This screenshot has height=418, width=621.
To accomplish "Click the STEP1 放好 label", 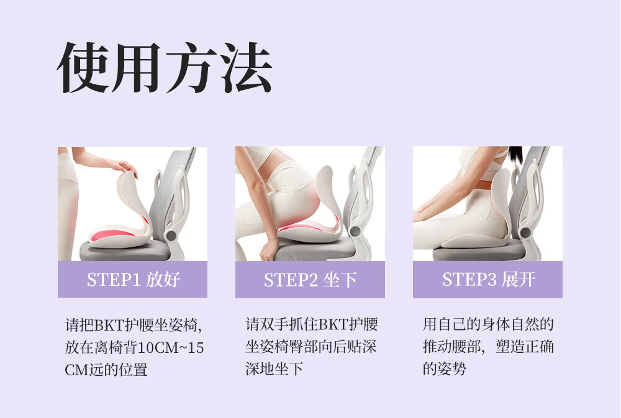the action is pyautogui.click(x=133, y=280).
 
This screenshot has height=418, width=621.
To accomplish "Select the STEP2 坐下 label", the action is pyautogui.click(x=310, y=280).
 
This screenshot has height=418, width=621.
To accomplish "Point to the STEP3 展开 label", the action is pyautogui.click(x=488, y=280).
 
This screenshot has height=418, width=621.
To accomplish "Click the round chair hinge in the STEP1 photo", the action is pyautogui.click(x=171, y=236).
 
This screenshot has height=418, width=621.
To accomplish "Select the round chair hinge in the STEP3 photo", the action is pyautogui.click(x=525, y=233).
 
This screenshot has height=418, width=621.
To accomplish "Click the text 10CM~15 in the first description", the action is pyautogui.click(x=171, y=348).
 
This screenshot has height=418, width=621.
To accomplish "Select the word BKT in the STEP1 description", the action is pyautogui.click(x=109, y=326).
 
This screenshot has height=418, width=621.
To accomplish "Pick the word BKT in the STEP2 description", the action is pyautogui.click(x=333, y=325).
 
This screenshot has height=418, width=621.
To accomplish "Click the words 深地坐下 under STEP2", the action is pyautogui.click(x=274, y=369).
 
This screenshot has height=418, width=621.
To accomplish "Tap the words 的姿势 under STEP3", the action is pyautogui.click(x=445, y=369).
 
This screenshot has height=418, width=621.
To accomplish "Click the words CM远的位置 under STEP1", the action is pyautogui.click(x=106, y=370).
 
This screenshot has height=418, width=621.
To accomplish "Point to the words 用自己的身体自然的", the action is pyautogui.click(x=488, y=325).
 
